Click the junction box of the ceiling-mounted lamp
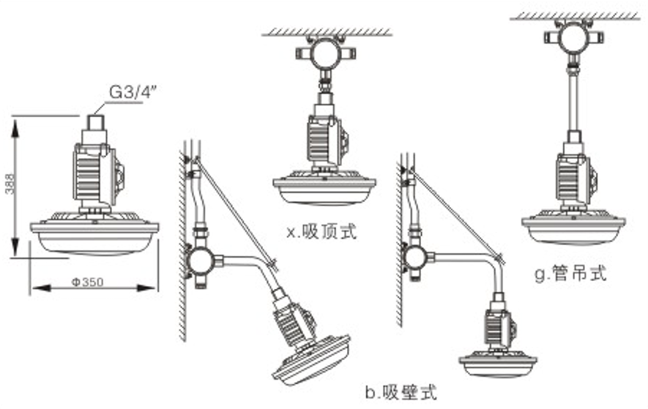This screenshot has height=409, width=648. [324, 54]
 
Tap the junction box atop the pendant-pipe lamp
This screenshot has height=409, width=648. [573, 37]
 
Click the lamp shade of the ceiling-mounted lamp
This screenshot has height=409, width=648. [324, 191]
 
